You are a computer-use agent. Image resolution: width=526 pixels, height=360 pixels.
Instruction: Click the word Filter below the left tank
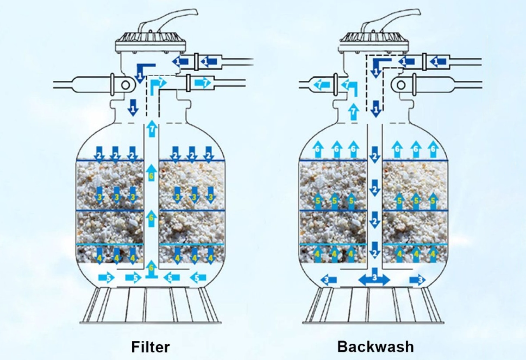[149, 346]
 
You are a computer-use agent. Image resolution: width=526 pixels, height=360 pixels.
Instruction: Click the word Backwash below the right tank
[375, 346]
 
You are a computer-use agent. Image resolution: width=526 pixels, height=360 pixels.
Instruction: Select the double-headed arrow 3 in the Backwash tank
[374, 279]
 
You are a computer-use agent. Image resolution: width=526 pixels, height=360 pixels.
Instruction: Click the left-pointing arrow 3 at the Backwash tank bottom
[329, 279]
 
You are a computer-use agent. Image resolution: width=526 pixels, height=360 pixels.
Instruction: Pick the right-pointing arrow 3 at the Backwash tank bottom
[418, 279]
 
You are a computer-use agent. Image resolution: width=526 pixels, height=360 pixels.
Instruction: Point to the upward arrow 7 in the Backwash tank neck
[354, 111]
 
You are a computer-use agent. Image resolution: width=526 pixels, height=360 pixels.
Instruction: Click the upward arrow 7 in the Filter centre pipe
[152, 129]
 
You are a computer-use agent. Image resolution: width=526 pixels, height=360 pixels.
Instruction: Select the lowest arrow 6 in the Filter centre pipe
[152, 267]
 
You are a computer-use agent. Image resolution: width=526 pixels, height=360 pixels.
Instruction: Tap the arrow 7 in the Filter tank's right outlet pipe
[202, 83]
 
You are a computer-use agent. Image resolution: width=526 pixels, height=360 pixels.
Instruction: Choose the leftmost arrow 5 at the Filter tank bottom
[106, 278]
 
